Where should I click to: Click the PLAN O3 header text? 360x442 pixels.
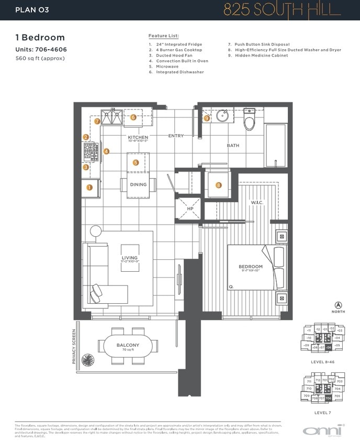(32, 9)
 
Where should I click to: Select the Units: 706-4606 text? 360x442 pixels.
(41, 50)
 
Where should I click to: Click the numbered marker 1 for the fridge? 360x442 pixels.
(89, 187)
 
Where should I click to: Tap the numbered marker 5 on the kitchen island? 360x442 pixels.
(136, 163)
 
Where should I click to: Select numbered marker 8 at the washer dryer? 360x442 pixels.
(219, 185)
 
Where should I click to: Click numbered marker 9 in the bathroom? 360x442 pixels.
(207, 118)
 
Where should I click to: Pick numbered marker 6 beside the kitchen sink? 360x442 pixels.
(133, 117)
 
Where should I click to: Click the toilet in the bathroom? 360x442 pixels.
(249, 121)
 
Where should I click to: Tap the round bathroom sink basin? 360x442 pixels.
(223, 116)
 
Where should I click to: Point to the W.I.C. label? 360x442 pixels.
(257, 202)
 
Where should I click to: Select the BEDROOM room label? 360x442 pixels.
(251, 267)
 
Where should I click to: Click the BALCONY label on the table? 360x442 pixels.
(128, 345)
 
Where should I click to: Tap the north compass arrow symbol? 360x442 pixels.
(338, 305)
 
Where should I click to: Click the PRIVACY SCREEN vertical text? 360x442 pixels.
(75, 346)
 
